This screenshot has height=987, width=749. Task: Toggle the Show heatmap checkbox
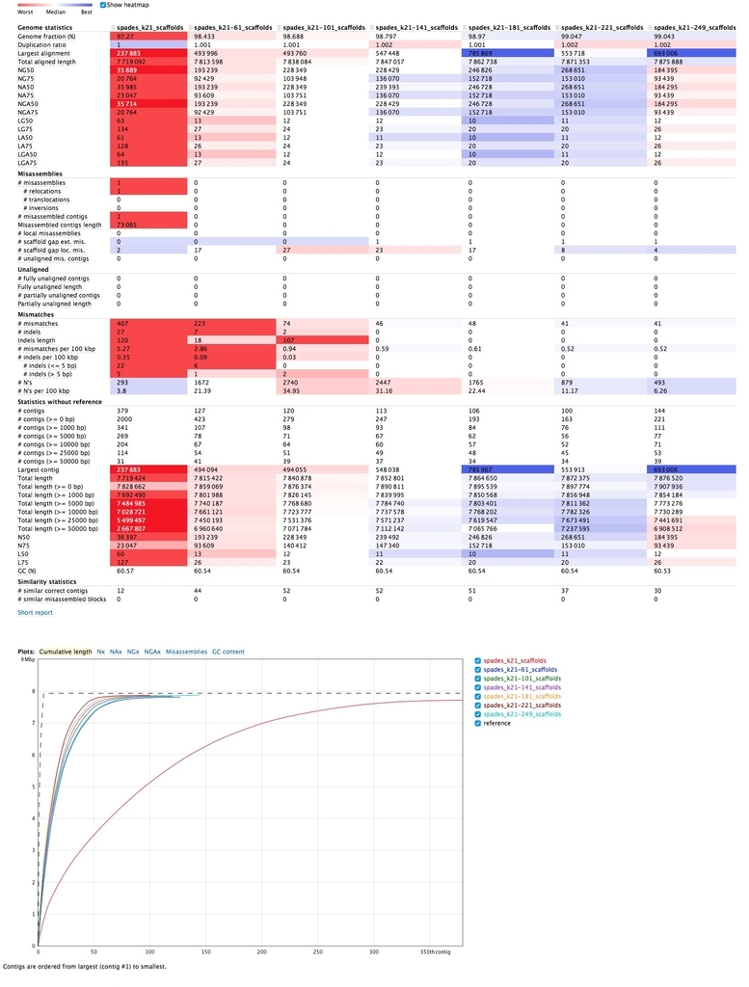tap(103, 5)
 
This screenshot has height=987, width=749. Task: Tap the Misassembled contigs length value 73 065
tap(132, 225)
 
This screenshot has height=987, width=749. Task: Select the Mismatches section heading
tap(38, 314)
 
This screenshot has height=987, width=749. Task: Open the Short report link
tap(35, 612)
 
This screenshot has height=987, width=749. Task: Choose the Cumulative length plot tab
tap(66, 653)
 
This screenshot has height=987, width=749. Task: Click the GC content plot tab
tap(228, 653)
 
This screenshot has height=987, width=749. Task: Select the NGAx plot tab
tap(152, 653)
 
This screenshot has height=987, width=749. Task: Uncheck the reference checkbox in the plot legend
tap(478, 723)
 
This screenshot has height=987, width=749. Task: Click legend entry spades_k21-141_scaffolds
tap(521, 687)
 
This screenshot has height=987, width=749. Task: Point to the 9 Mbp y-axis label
tap(28, 657)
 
